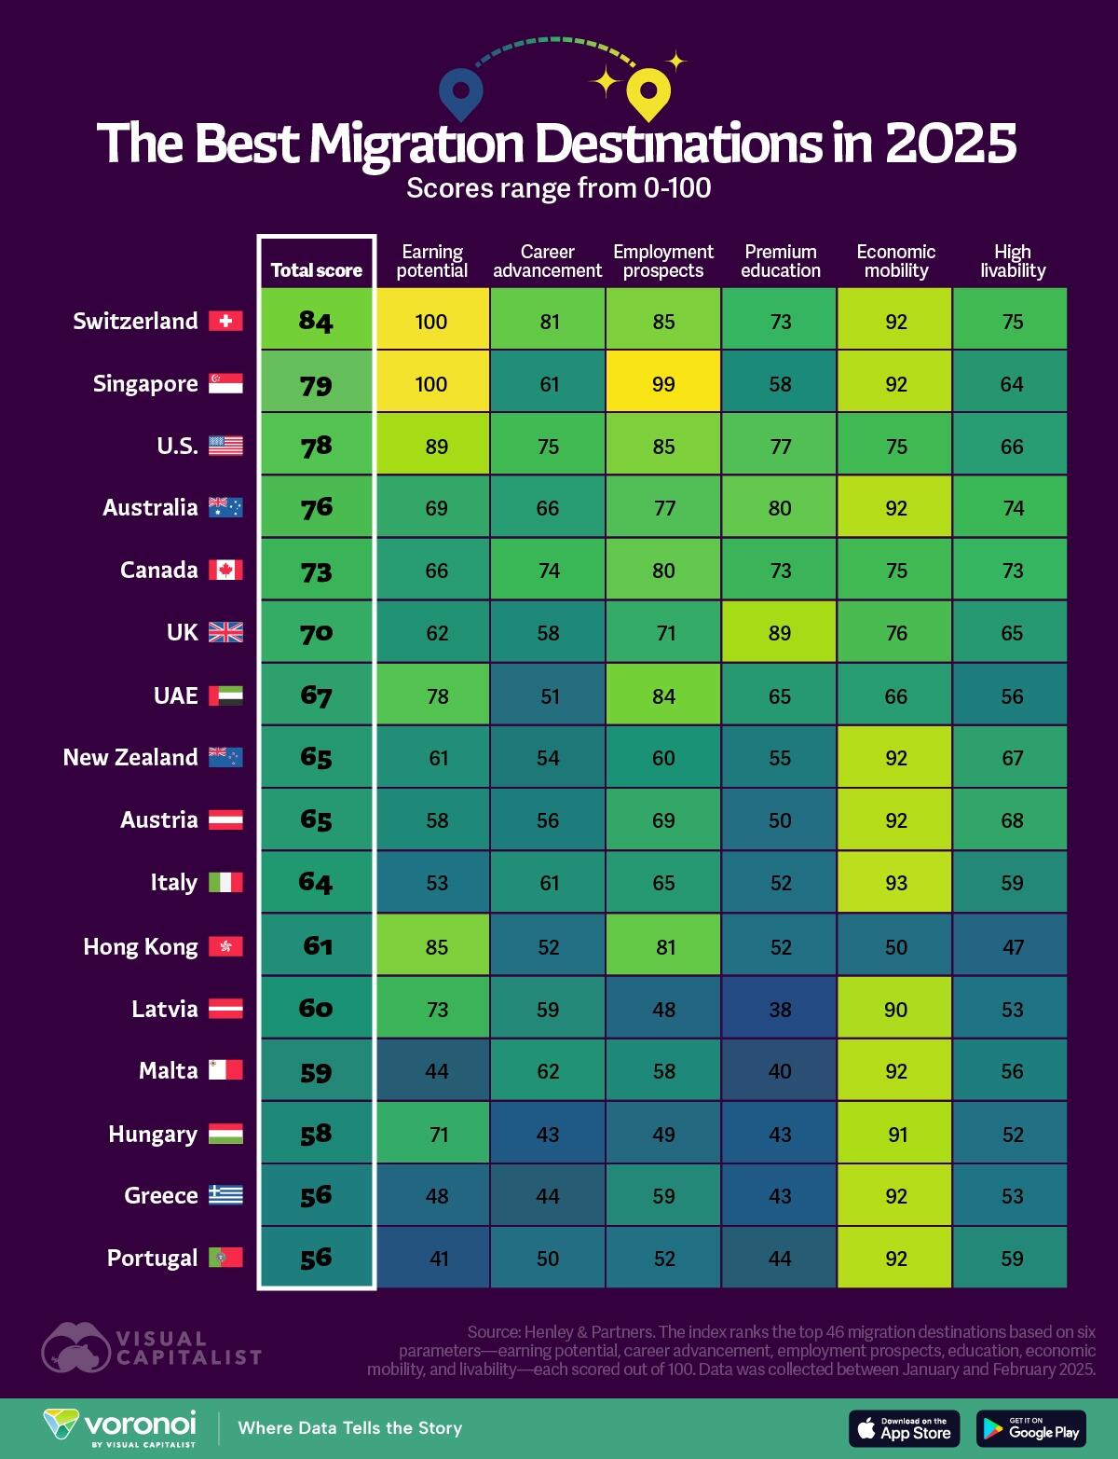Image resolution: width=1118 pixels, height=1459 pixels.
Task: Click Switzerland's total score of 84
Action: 316,321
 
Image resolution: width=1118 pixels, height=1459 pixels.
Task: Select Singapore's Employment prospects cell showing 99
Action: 663,383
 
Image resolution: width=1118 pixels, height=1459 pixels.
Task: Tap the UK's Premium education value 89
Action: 780,633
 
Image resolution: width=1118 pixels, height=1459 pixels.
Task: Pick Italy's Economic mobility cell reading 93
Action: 895,882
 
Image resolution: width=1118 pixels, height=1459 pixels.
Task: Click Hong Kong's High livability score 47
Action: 1012,946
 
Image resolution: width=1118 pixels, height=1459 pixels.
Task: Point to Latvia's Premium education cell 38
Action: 780,1009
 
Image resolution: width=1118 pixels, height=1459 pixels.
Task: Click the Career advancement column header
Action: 547,261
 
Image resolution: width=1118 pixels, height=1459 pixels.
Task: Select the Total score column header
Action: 316,270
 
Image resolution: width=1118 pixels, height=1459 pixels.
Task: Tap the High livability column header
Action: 1012,261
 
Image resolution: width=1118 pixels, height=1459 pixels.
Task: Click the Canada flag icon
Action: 225,570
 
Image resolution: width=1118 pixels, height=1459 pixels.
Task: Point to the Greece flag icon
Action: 225,1195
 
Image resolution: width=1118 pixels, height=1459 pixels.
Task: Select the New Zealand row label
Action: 130,757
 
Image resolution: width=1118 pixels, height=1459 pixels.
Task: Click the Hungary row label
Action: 153,1134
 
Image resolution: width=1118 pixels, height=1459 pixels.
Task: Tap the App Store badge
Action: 904,1428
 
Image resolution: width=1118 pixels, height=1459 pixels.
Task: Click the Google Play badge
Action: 1030,1428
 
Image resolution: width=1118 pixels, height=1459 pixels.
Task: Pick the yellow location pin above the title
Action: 648,94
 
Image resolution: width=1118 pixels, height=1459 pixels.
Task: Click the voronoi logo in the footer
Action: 121,1426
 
